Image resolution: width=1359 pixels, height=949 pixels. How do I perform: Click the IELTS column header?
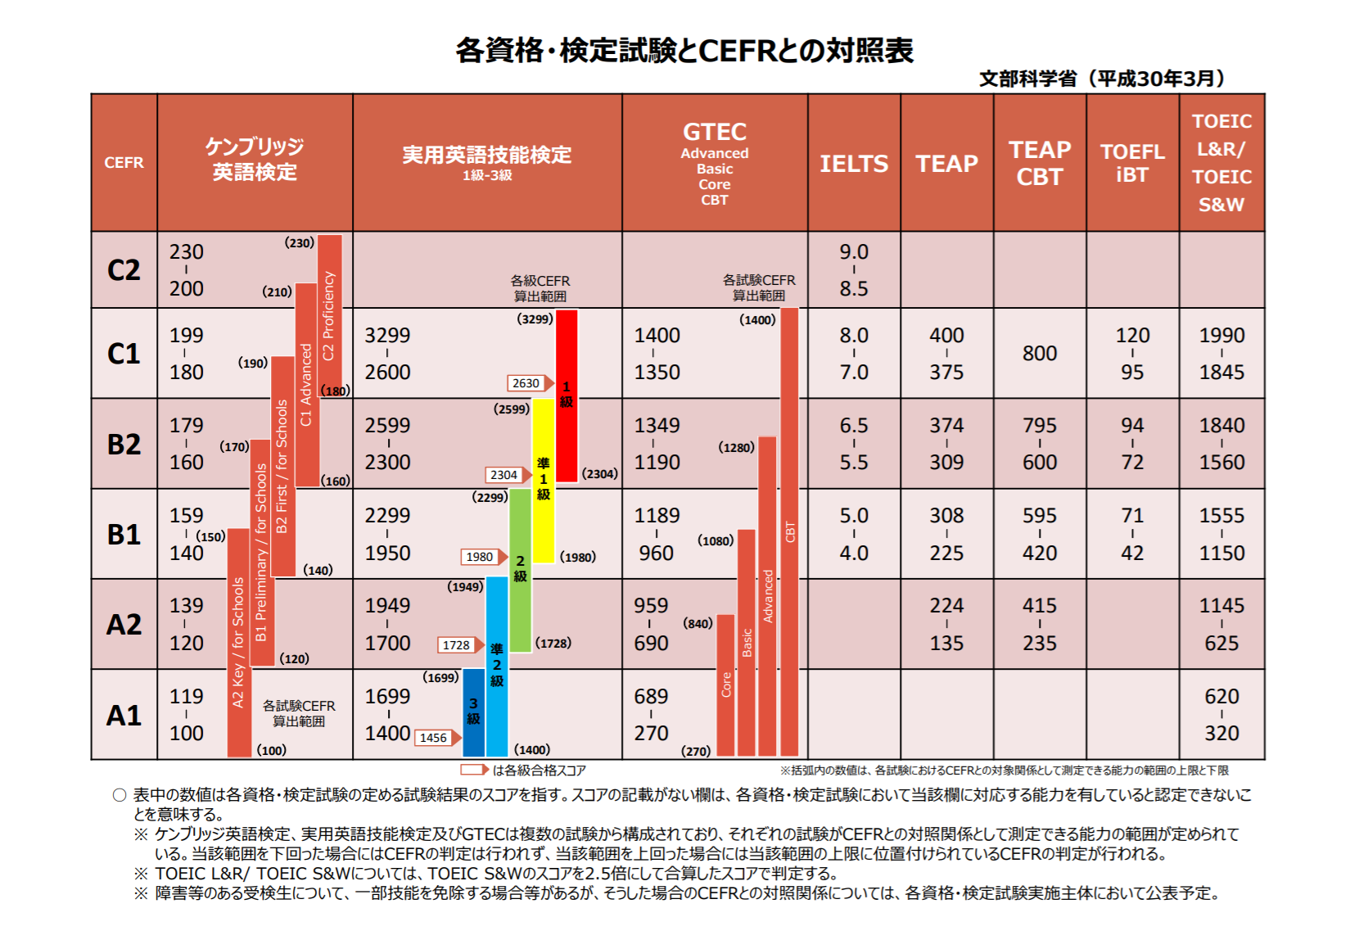[x=854, y=164]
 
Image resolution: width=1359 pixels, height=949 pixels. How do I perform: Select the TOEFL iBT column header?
[x=1132, y=163]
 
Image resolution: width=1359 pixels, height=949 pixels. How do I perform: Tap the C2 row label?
[x=124, y=270]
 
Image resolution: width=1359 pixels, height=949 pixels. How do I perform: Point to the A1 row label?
[x=124, y=716]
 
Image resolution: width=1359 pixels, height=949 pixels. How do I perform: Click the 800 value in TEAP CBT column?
[x=1039, y=354]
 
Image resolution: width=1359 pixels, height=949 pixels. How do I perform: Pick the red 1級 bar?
[x=567, y=395]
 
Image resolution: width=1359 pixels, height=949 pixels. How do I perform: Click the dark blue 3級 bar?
[x=473, y=712]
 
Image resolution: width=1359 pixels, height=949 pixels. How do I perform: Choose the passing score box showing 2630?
[x=526, y=383]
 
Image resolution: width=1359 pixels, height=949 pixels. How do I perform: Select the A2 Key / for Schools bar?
[x=238, y=643]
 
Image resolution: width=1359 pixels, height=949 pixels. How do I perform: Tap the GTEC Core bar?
[x=725, y=685]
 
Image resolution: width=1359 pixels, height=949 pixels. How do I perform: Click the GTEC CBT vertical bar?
[x=789, y=532]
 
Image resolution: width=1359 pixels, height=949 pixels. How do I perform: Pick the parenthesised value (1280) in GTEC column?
[x=736, y=448]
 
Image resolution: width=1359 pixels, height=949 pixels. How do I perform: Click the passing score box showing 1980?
[x=480, y=557]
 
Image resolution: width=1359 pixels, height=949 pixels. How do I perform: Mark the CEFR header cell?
[x=124, y=163]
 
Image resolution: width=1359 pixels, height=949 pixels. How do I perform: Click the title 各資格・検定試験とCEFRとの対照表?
[x=684, y=51]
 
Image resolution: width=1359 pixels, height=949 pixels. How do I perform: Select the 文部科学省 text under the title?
[x=1027, y=79]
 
